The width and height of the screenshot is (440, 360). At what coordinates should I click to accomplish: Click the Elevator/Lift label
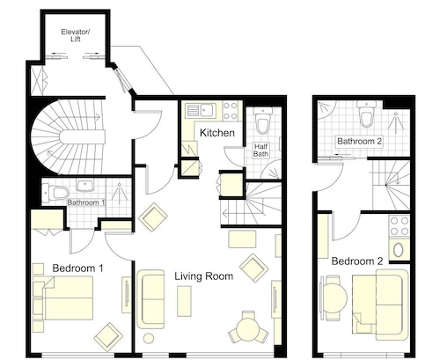click(76, 35)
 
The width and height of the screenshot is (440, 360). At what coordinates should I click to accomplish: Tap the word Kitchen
click(217, 133)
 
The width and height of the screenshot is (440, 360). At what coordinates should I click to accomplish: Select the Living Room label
click(204, 276)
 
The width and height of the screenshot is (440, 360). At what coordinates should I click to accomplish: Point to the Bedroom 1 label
click(77, 268)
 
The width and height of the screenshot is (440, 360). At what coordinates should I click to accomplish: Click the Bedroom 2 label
click(357, 261)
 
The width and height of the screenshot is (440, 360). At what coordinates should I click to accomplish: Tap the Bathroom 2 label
click(359, 141)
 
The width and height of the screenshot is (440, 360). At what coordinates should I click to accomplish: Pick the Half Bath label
click(260, 150)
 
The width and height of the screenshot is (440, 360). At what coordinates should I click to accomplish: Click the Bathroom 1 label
click(86, 202)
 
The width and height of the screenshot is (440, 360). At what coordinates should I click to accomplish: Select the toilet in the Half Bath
click(263, 121)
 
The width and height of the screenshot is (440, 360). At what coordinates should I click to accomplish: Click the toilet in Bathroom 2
click(366, 114)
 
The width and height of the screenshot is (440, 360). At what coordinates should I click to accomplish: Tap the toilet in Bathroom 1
click(55, 193)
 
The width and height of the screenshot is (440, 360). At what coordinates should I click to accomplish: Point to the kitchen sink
click(201, 110)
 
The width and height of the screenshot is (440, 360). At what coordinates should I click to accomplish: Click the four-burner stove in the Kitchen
click(231, 111)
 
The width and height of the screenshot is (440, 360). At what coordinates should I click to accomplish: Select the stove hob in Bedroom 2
click(400, 225)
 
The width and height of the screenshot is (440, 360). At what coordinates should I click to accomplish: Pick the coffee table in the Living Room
click(184, 301)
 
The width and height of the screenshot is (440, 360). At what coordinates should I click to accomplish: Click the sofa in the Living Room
click(150, 299)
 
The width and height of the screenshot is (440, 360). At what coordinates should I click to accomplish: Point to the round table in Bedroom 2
click(335, 298)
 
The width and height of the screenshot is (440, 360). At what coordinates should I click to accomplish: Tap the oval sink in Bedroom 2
click(399, 250)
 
